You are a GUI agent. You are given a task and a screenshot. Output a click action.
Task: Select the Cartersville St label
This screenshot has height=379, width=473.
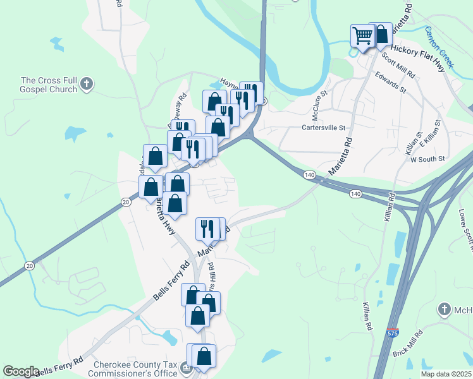point(324,128)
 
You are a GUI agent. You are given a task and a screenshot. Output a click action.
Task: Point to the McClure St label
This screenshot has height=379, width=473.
point(319,107)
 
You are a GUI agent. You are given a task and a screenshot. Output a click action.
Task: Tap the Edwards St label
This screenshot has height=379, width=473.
point(390,83)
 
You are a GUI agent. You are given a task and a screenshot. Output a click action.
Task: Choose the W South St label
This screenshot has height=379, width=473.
point(428,159)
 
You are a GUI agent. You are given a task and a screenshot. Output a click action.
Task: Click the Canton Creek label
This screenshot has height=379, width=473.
point(439,47)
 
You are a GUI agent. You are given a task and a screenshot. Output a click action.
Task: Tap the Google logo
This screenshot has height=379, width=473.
point(21,371)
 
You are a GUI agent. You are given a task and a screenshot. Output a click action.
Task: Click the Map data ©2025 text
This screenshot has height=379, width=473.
point(446,374)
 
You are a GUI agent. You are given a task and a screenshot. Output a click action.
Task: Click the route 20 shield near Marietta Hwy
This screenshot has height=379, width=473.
point(126,202)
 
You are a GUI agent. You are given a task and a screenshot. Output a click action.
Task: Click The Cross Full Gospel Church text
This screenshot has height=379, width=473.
point(49,85)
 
